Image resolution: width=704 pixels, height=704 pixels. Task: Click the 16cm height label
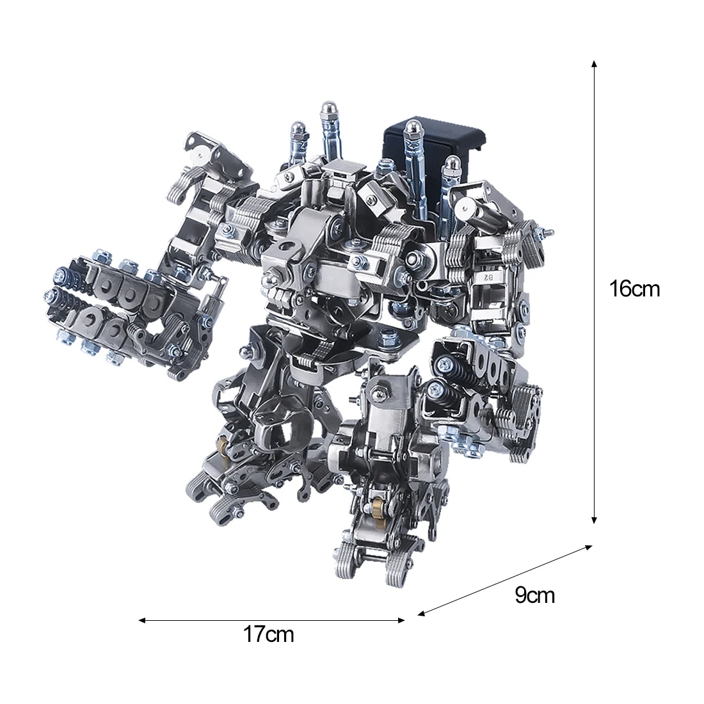(x=634, y=288)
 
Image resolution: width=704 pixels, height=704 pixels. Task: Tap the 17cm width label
(x=269, y=634)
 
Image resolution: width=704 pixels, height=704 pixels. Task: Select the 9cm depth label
(x=535, y=595)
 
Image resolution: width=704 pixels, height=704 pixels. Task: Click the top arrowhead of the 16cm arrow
(x=594, y=64)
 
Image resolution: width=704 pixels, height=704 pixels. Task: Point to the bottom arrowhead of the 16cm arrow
(x=594, y=520)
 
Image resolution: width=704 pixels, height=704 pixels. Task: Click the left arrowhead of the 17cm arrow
(x=142, y=621)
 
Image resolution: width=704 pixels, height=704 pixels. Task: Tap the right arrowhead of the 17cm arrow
(x=401, y=621)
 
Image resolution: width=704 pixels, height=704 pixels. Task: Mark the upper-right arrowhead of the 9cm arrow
(x=589, y=547)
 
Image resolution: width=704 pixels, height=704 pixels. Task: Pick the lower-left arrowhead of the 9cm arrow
(x=421, y=613)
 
